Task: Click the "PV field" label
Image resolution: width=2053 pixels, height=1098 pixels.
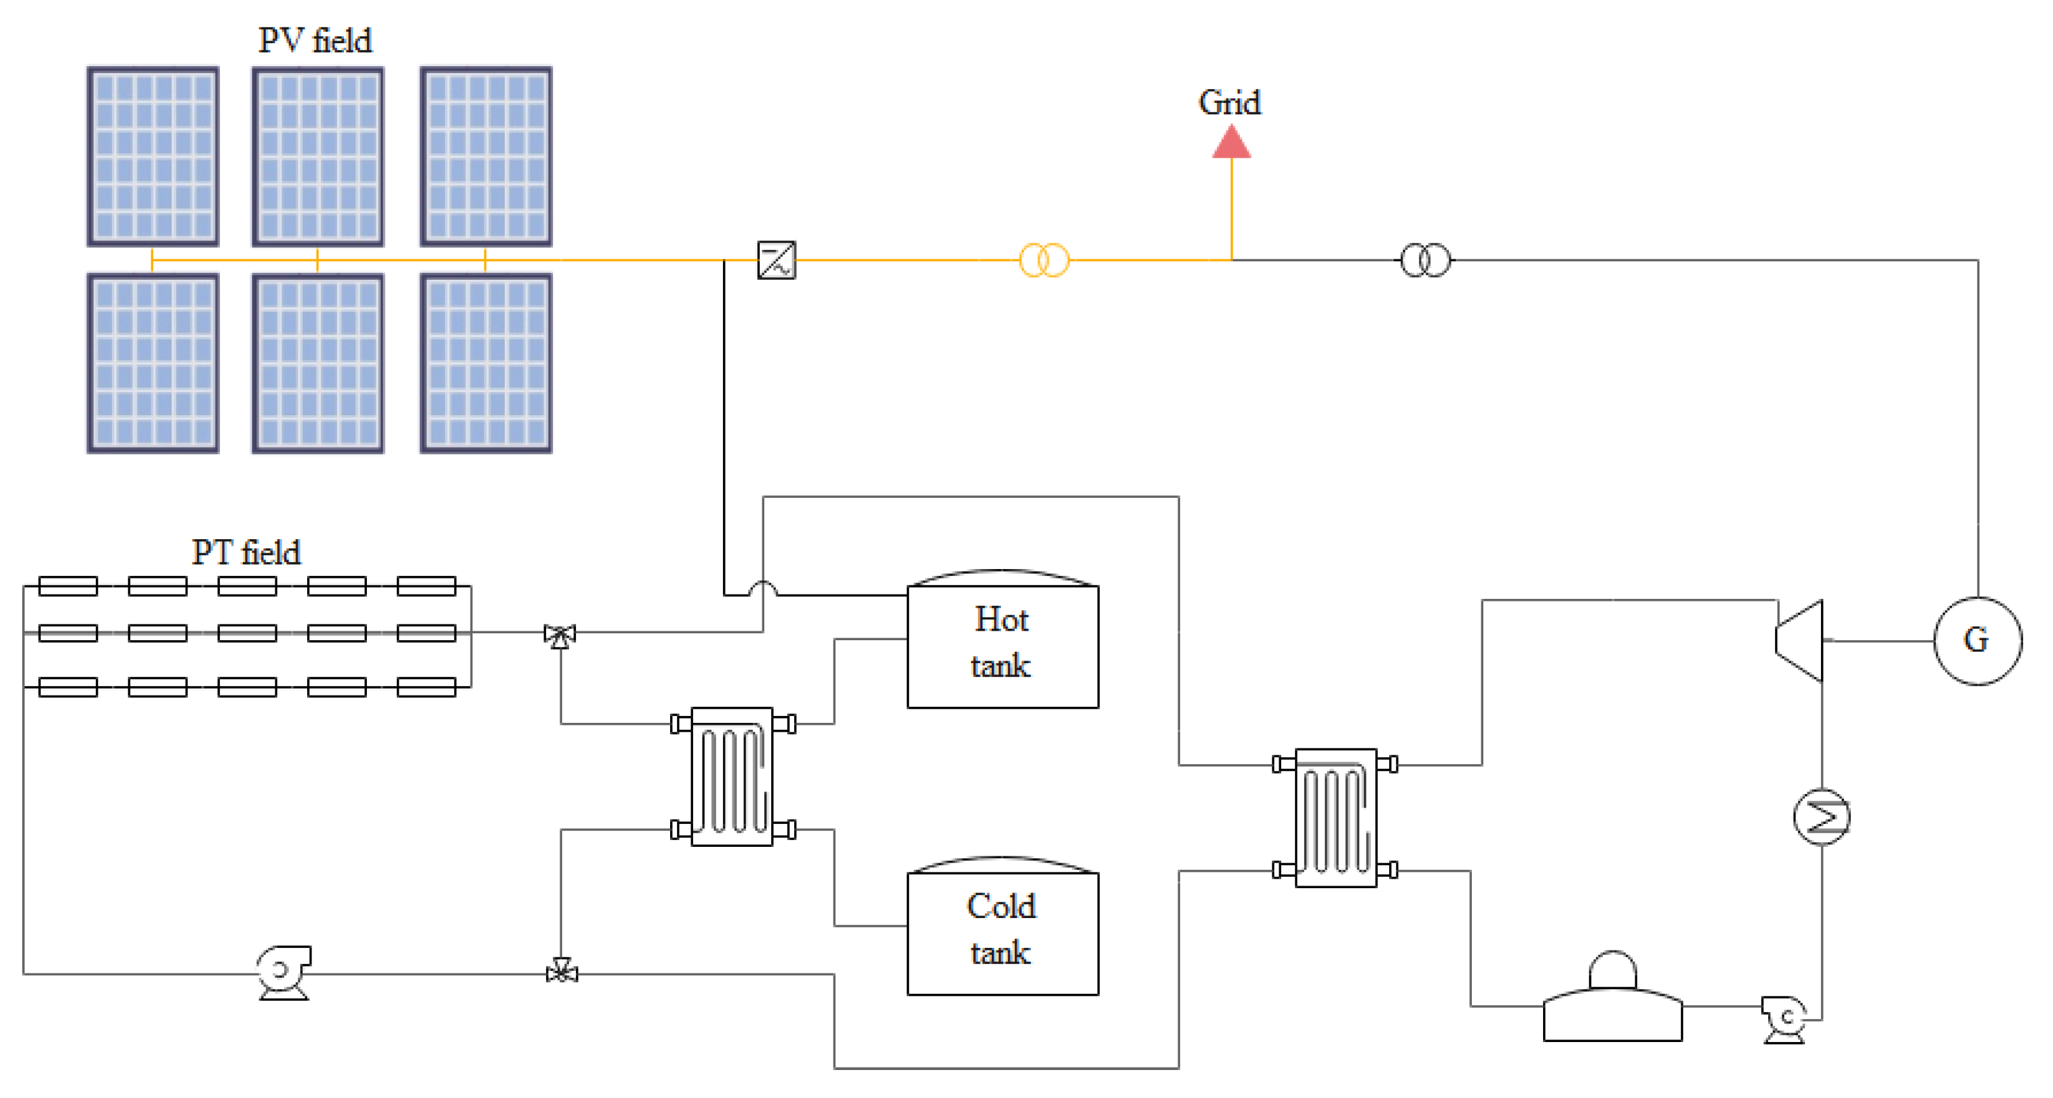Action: (315, 40)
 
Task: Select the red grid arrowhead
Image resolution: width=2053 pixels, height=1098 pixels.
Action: (1232, 144)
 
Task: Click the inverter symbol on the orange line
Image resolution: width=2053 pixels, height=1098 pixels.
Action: (776, 260)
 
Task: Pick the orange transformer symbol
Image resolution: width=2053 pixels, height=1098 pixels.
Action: (1044, 260)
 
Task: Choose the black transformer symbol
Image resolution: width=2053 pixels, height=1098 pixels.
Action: (1425, 260)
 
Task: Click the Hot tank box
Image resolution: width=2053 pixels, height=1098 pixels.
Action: (1003, 645)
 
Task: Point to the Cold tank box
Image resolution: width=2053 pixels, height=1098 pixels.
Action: (1003, 932)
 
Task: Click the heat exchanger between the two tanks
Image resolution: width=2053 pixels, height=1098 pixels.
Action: (732, 777)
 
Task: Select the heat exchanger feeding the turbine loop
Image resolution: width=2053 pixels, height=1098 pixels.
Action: (1336, 818)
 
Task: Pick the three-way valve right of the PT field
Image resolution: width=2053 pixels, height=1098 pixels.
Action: (560, 635)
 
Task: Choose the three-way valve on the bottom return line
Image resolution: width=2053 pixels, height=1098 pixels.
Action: (562, 972)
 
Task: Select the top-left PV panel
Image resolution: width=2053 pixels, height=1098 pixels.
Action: (152, 156)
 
